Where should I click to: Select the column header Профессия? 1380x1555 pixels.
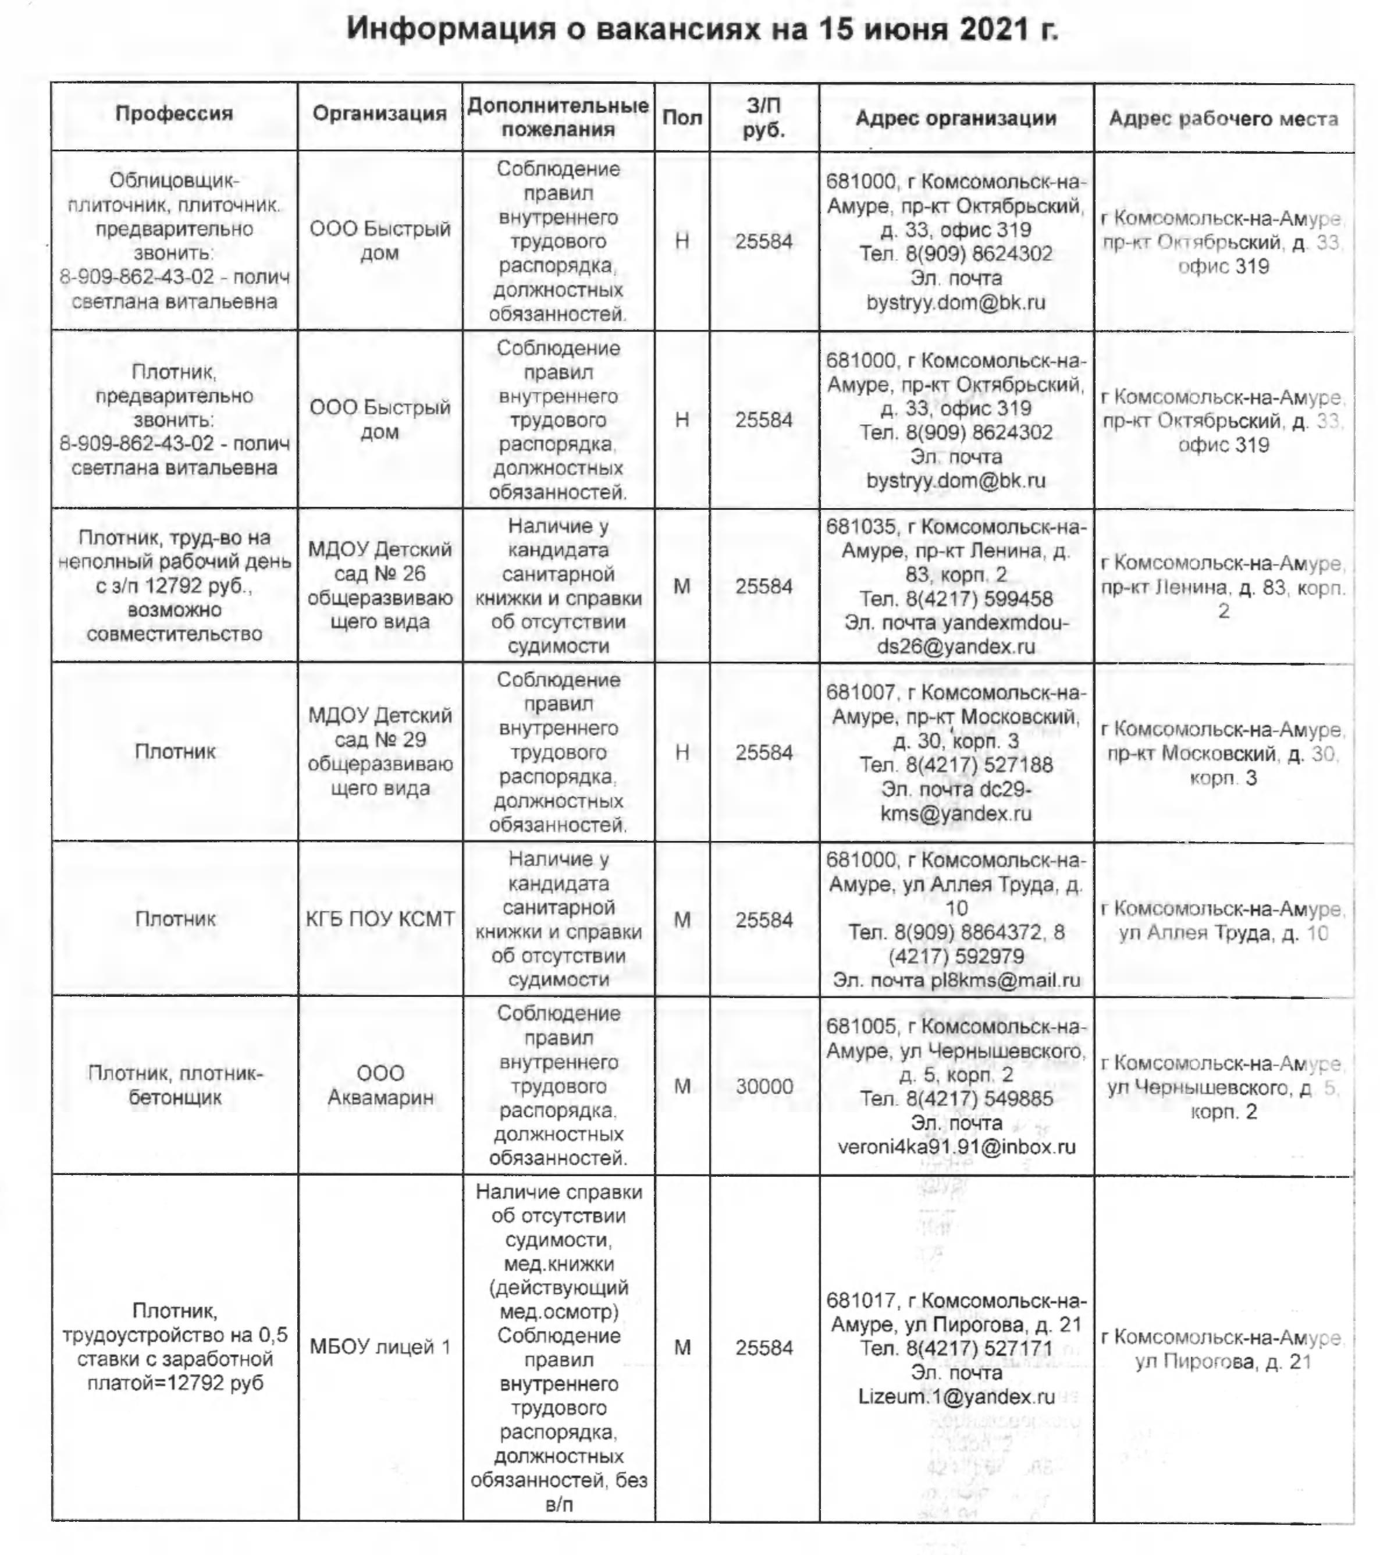tap(174, 114)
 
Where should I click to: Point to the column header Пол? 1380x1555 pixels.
tap(681, 118)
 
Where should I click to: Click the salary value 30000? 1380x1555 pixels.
tap(764, 1087)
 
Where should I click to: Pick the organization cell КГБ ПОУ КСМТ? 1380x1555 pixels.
tap(380, 919)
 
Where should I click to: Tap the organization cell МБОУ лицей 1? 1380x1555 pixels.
tap(380, 1347)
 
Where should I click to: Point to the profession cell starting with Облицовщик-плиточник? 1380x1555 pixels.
tap(175, 240)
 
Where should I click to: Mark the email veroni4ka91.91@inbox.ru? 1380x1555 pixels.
tap(956, 1146)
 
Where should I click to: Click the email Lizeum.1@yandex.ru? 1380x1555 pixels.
tap(956, 1397)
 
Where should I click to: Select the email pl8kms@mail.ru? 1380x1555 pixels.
tap(1005, 980)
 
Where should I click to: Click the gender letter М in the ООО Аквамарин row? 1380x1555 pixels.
tap(682, 1087)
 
